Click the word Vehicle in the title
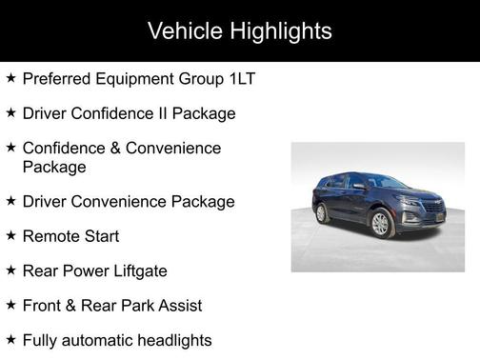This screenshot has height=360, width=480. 184,31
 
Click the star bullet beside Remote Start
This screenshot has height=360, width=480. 10,235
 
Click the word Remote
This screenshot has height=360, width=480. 50,236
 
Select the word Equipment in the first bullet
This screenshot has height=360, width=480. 137,79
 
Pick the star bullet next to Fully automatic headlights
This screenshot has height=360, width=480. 10,339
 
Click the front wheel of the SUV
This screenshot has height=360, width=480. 381,223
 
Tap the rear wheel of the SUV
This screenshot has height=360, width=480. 322,213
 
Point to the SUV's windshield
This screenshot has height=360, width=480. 387,183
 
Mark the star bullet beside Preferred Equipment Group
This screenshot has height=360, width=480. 10,78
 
